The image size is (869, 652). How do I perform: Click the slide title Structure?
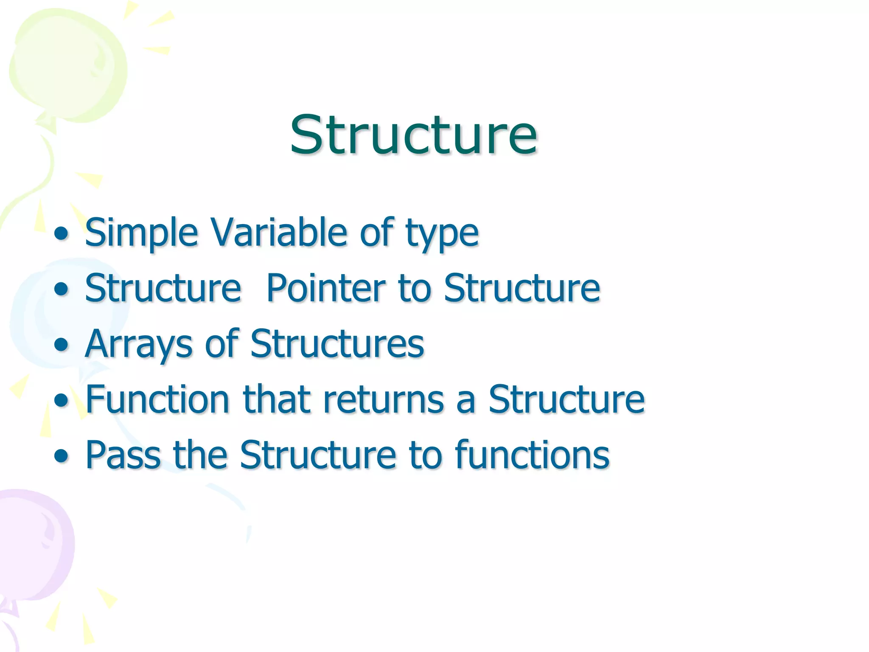click(413, 135)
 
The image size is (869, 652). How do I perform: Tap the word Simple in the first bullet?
click(141, 233)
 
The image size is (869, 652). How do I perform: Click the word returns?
click(383, 400)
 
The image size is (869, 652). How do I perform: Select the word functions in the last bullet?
click(533, 455)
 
